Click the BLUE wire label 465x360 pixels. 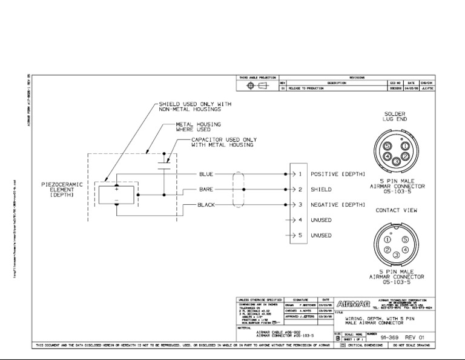[206, 174]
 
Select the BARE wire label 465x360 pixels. [206, 190]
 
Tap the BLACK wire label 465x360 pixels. [206, 205]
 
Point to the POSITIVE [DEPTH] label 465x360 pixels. [338, 174]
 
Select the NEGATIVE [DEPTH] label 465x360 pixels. [338, 205]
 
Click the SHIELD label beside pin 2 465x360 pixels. [321, 190]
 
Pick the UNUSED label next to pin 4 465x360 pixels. [321, 220]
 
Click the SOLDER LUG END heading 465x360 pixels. [395, 116]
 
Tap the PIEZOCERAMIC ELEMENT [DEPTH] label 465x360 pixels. [62, 189]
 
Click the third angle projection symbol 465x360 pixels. [256, 87]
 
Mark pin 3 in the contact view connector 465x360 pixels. [395, 255]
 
